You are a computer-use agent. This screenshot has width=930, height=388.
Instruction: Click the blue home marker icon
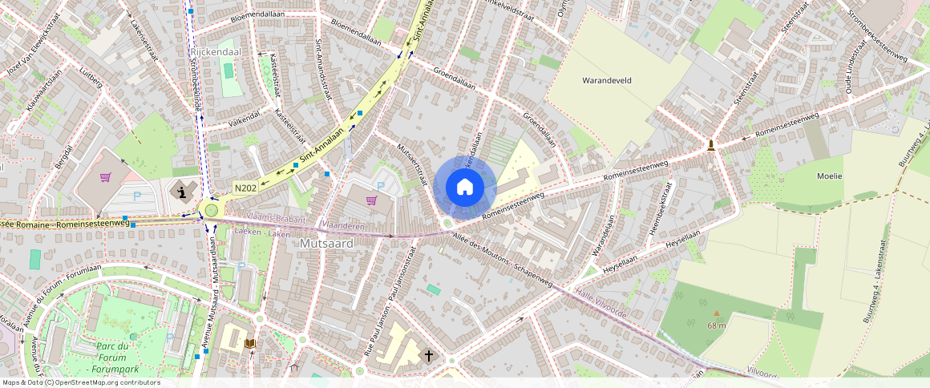[x=465, y=188]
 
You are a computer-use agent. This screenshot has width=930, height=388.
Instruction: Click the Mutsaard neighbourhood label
[x=326, y=242]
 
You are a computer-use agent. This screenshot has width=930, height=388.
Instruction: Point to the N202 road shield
[x=245, y=188]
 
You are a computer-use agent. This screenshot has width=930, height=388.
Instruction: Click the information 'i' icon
[x=184, y=192]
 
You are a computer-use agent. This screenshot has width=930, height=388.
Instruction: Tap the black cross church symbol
[x=429, y=355]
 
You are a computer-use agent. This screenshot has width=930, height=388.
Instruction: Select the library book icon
[x=251, y=344]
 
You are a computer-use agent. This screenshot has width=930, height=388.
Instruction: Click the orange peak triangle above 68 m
[x=716, y=313]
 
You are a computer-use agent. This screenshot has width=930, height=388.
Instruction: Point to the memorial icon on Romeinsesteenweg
[x=711, y=145]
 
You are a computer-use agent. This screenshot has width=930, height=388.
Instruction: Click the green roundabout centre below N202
[x=212, y=210]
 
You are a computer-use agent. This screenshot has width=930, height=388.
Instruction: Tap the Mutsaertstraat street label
[x=412, y=164]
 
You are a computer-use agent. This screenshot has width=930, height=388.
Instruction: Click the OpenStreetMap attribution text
[x=81, y=382]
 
